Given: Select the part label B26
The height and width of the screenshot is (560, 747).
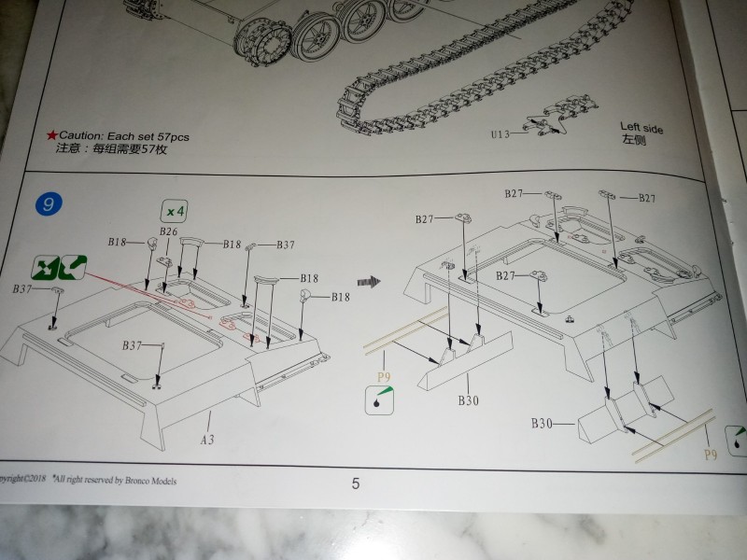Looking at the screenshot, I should [168, 231].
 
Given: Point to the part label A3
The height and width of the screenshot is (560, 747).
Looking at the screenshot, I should [207, 437].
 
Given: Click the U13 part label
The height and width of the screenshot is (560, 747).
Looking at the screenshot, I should [501, 134].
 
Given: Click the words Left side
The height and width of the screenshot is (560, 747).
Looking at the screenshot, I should [641, 128].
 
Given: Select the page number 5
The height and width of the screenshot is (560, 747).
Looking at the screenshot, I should [355, 483].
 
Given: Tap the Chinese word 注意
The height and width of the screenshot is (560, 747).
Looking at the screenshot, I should [68, 148].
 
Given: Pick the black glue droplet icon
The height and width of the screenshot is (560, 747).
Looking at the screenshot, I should [379, 400].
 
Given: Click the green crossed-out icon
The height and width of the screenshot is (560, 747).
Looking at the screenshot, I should [59, 267].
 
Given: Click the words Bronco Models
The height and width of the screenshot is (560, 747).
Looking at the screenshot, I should [147, 481].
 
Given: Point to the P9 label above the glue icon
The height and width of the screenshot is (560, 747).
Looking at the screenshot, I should [382, 378].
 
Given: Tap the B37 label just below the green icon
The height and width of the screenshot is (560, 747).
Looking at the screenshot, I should [23, 289].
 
